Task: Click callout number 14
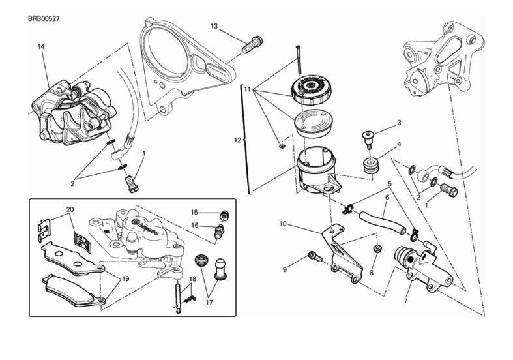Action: tap(40, 47)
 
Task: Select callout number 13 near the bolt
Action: tap(214, 26)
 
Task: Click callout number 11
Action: tap(248, 89)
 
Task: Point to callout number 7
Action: tap(405, 302)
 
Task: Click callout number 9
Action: tap(284, 269)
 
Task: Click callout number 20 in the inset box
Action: tap(70, 210)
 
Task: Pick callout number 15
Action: tap(194, 212)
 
